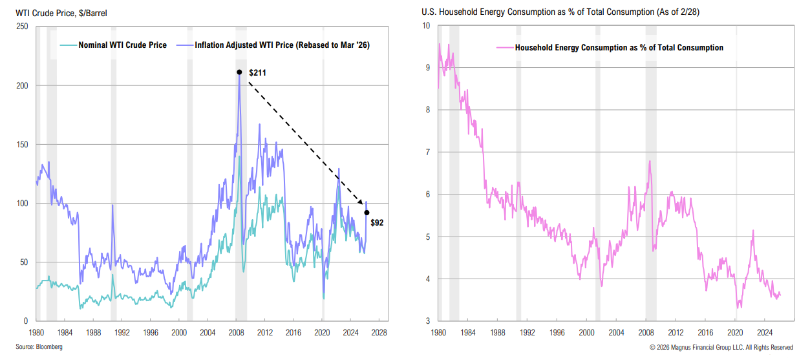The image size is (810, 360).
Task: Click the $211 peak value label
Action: [x=257, y=72]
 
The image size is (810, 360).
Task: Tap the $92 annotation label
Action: [x=378, y=222]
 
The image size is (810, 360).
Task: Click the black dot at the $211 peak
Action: [x=239, y=72]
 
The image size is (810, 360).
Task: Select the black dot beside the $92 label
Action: [x=367, y=213]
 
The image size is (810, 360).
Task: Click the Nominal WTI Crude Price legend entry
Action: [x=122, y=45]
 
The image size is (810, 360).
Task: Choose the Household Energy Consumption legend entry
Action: [x=619, y=48]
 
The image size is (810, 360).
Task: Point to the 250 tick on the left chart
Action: [x=22, y=26]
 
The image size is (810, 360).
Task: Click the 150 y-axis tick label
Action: [x=22, y=144]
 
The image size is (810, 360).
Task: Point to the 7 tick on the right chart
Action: [x=427, y=153]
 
